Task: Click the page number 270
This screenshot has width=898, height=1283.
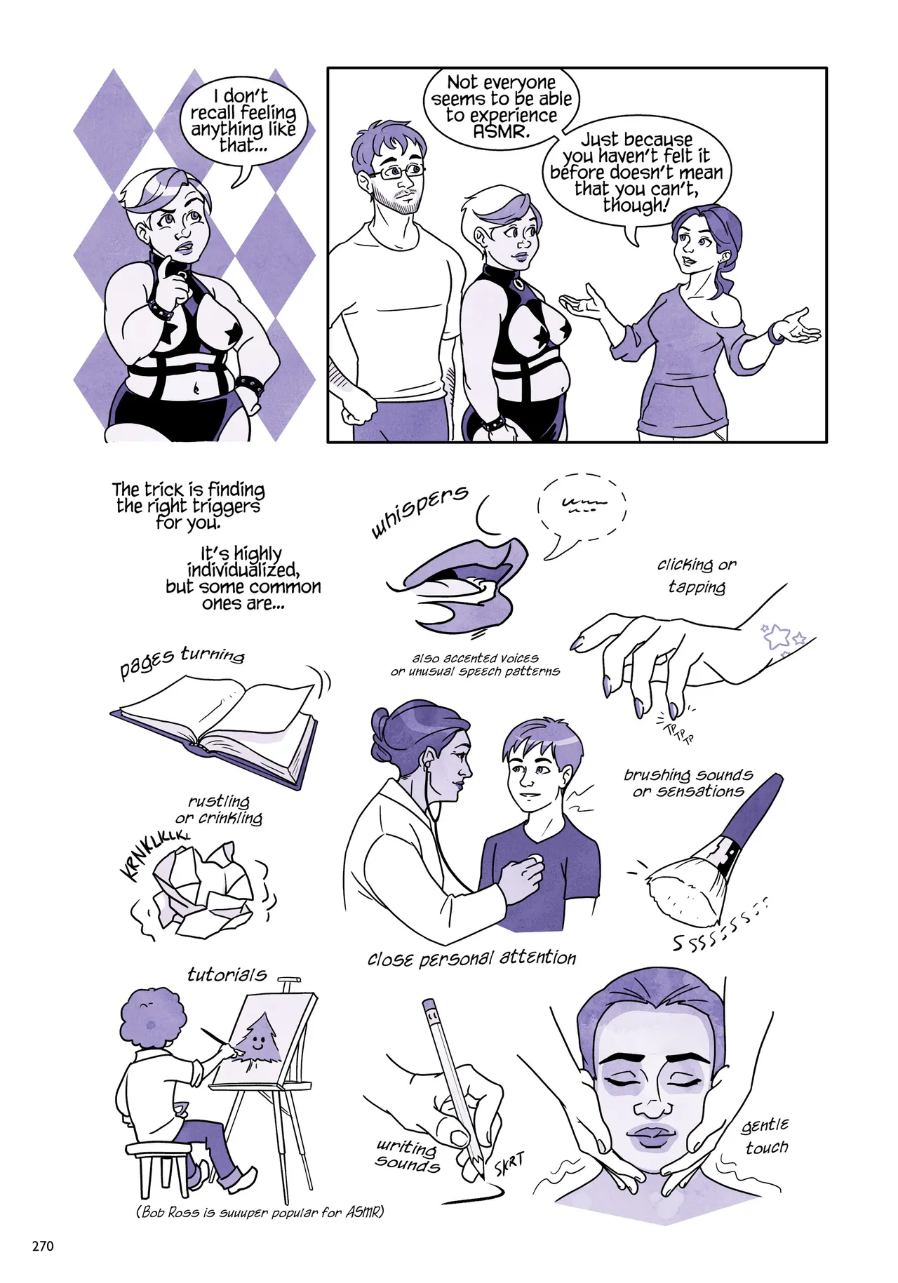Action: [43, 1246]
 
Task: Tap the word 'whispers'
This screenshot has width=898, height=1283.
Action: [420, 511]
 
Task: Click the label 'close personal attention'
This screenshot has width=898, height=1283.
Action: [471, 958]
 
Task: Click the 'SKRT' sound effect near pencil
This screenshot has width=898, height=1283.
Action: [509, 1165]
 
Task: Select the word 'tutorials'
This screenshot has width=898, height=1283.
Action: [227, 974]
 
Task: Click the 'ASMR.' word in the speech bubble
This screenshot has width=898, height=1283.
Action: [500, 131]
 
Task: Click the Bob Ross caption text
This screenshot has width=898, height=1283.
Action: [260, 1211]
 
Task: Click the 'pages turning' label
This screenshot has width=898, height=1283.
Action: [182, 661]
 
